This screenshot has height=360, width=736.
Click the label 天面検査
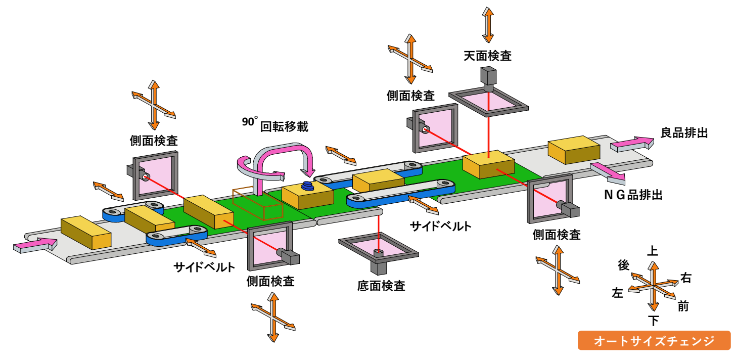pos(487,56)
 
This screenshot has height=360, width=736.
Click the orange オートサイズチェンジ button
pos(654,340)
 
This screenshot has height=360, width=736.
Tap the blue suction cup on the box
pos(307,186)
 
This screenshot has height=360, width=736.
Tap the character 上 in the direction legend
pos(653,251)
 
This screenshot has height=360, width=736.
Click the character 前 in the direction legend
pos(683,306)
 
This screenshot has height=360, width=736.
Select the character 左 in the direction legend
pos(617,292)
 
